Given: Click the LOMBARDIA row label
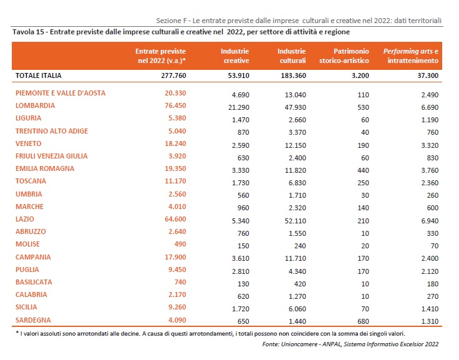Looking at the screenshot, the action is [x=35, y=105].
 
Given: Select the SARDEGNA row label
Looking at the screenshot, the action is [x=33, y=320].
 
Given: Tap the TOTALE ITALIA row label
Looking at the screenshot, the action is [x=38, y=75].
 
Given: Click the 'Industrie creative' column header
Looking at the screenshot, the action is [x=234, y=56].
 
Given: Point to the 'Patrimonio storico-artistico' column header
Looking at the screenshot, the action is [x=344, y=56].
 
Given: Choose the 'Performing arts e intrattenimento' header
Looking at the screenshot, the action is [x=411, y=56].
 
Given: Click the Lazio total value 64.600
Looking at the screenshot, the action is [x=175, y=219].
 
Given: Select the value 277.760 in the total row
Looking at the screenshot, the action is [x=173, y=75].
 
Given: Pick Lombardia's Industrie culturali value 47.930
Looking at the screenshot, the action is [x=295, y=107].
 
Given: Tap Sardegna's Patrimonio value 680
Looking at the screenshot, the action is [x=363, y=321].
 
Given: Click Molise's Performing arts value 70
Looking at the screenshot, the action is [x=435, y=246].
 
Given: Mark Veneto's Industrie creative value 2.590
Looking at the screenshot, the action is [x=240, y=145].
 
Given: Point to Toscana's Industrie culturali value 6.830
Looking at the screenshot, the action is [x=297, y=183].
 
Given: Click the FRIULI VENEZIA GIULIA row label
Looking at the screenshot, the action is [x=52, y=156].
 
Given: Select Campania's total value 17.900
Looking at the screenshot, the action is [x=175, y=257].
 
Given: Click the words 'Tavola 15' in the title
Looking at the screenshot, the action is [x=28, y=32].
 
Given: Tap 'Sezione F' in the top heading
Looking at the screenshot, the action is [x=172, y=21].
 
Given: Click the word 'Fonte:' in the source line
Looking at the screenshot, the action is [x=271, y=344].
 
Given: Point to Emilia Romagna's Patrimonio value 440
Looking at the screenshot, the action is [x=363, y=170].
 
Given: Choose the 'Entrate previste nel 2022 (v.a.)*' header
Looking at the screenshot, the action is [x=160, y=56].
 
